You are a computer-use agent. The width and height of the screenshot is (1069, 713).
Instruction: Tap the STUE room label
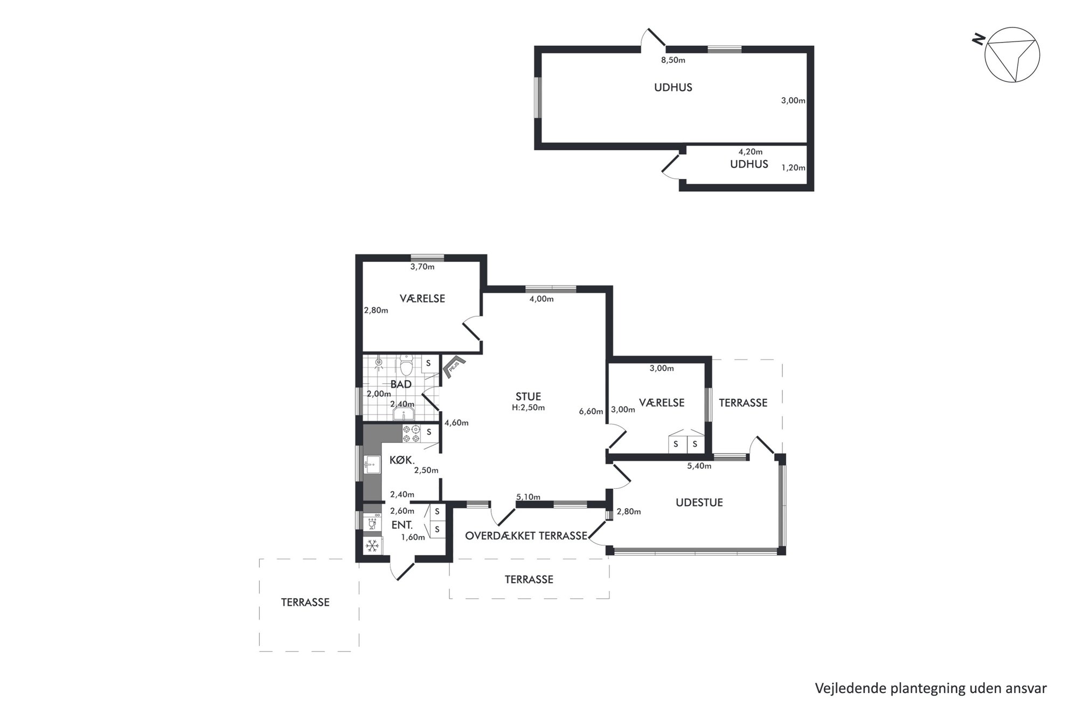pyautogui.click(x=528, y=397)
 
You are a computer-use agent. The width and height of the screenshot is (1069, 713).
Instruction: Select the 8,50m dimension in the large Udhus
pyautogui.click(x=673, y=60)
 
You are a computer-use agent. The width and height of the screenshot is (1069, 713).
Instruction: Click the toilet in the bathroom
pyautogui.click(x=407, y=365)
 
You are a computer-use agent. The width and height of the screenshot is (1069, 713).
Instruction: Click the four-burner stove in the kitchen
pyautogui.click(x=412, y=434)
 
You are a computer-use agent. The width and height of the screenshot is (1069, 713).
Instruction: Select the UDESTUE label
pyautogui.click(x=699, y=503)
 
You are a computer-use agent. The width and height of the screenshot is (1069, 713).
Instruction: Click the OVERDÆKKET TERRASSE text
pyautogui.click(x=526, y=536)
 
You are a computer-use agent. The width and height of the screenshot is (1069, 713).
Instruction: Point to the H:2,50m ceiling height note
pyautogui.click(x=528, y=408)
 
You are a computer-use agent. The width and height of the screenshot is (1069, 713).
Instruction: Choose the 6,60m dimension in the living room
pyautogui.click(x=591, y=412)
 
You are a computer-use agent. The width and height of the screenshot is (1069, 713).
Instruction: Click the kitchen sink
pyautogui.click(x=370, y=464)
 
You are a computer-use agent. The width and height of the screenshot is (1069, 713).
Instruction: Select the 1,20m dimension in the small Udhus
pyautogui.click(x=793, y=168)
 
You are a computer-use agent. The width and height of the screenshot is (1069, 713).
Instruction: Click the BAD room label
pyautogui.click(x=401, y=384)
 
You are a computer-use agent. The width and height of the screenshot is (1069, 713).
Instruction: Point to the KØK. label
pyautogui.click(x=402, y=460)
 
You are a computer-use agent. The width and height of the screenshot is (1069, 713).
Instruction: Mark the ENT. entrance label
pyautogui.click(x=402, y=525)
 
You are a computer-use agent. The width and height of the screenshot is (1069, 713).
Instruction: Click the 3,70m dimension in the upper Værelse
pyautogui.click(x=422, y=266)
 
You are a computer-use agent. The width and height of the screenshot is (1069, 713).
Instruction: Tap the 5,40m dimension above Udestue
pyautogui.click(x=699, y=466)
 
